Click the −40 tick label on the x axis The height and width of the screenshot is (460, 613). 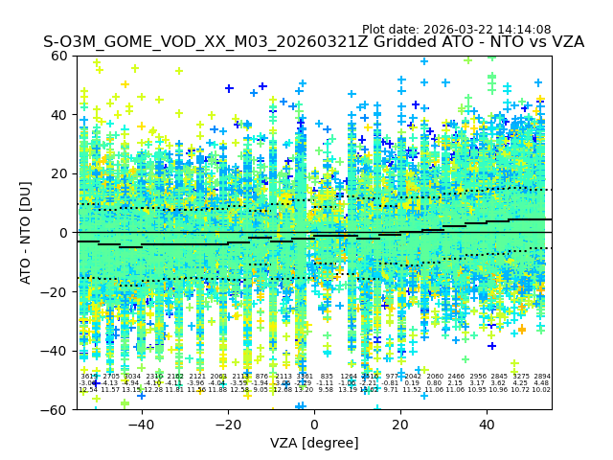(x=141, y=425)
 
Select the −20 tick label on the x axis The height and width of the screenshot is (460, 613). (x=228, y=425)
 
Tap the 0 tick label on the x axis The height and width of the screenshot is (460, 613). (x=314, y=425)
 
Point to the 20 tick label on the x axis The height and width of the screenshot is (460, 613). (x=400, y=425)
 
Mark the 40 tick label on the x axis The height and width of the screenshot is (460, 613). (x=487, y=425)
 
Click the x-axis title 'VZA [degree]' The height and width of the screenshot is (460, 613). (x=314, y=443)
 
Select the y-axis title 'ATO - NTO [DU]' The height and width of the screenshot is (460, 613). (x=26, y=233)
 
